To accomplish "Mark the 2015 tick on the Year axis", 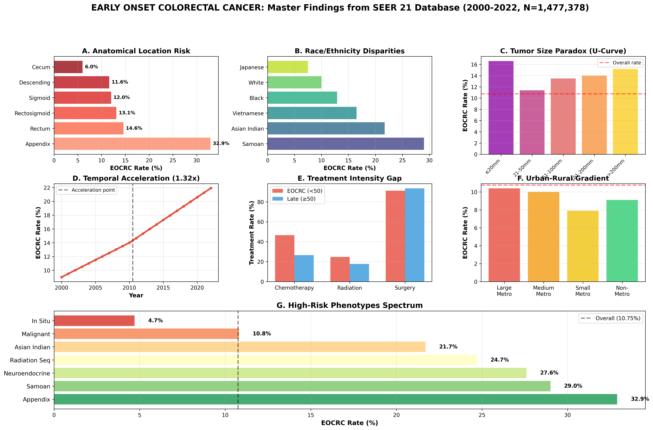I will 163,288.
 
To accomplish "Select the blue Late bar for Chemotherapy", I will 304,268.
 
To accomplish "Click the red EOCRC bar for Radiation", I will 340,269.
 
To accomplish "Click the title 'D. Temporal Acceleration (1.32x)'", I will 136,178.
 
